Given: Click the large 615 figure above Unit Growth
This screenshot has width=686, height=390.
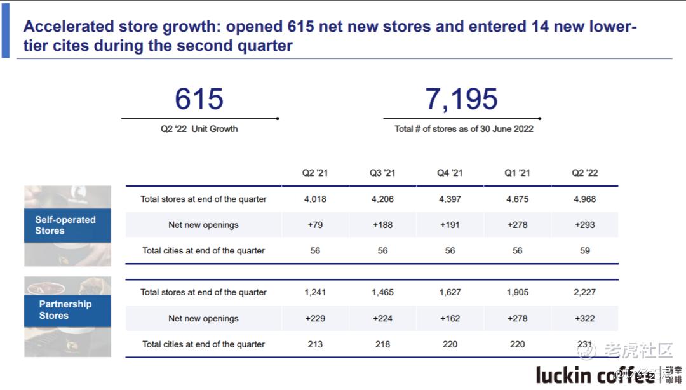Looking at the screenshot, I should (199, 99).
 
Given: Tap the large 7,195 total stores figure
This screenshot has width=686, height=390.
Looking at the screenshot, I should (461, 99).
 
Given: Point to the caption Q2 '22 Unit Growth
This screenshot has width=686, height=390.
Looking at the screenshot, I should (199, 129).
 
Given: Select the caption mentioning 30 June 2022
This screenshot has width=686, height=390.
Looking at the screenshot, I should (464, 129).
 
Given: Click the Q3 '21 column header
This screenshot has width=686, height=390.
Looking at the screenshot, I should (382, 173).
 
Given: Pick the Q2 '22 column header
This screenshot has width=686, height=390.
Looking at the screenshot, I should (585, 173).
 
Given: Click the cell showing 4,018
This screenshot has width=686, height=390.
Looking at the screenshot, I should (315, 199).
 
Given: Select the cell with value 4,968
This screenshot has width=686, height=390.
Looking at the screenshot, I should (585, 199).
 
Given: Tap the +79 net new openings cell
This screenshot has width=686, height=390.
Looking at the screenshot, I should (315, 225).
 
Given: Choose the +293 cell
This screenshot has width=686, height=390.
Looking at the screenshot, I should (585, 225).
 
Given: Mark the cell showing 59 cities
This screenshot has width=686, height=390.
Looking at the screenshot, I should (585, 251).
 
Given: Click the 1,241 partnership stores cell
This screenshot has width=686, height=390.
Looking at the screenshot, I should (315, 293).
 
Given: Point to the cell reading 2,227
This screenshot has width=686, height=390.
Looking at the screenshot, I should (585, 293).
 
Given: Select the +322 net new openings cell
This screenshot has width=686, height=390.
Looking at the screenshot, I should (585, 319).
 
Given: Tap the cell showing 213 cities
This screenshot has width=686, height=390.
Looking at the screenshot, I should (315, 344).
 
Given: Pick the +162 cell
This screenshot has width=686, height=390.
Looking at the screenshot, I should (450, 319).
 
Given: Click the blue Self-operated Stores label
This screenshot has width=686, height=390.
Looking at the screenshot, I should (66, 225).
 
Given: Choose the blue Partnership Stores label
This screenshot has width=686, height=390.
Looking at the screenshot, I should (66, 310).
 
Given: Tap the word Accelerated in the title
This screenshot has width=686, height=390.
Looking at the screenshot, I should (68, 27).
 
